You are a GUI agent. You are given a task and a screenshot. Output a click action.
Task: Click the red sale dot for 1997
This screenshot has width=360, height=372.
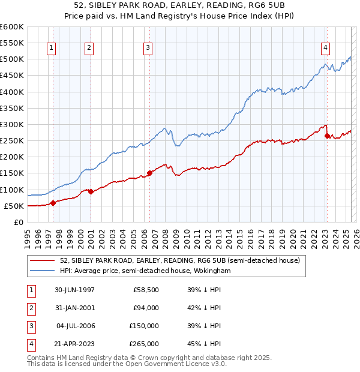(x=53, y=203)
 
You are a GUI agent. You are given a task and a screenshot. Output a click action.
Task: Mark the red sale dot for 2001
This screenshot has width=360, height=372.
(x=91, y=191)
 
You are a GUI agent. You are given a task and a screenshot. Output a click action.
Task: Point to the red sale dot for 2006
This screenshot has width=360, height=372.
(x=149, y=173)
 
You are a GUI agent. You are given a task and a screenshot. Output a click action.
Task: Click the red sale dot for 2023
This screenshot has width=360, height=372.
(x=327, y=136)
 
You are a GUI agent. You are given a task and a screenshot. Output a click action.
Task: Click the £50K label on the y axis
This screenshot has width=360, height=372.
(x=14, y=206)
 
